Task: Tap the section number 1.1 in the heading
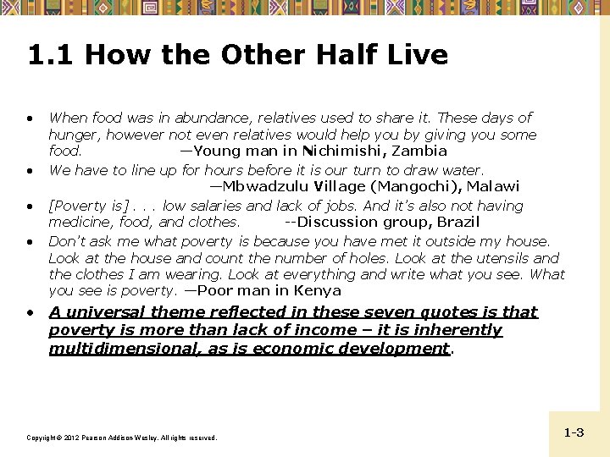point(52,55)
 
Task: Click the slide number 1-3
point(574,432)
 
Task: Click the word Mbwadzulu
point(259,186)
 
